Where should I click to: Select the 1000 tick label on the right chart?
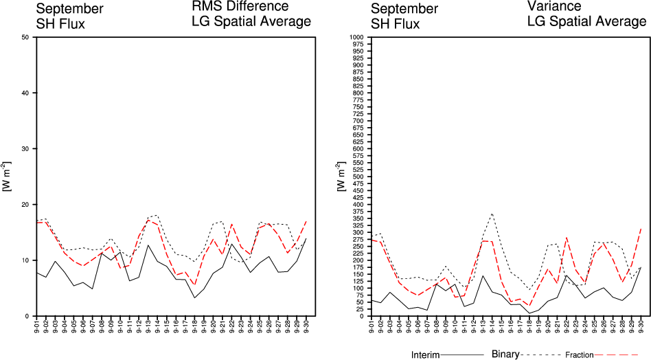click(356, 37)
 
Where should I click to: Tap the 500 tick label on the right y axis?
click(357, 177)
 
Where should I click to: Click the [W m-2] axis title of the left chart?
click(7, 177)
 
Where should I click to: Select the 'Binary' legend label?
click(507, 355)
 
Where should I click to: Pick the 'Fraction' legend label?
click(580, 355)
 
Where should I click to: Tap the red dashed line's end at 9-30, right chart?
click(641, 228)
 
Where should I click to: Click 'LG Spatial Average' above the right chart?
click(586, 21)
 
